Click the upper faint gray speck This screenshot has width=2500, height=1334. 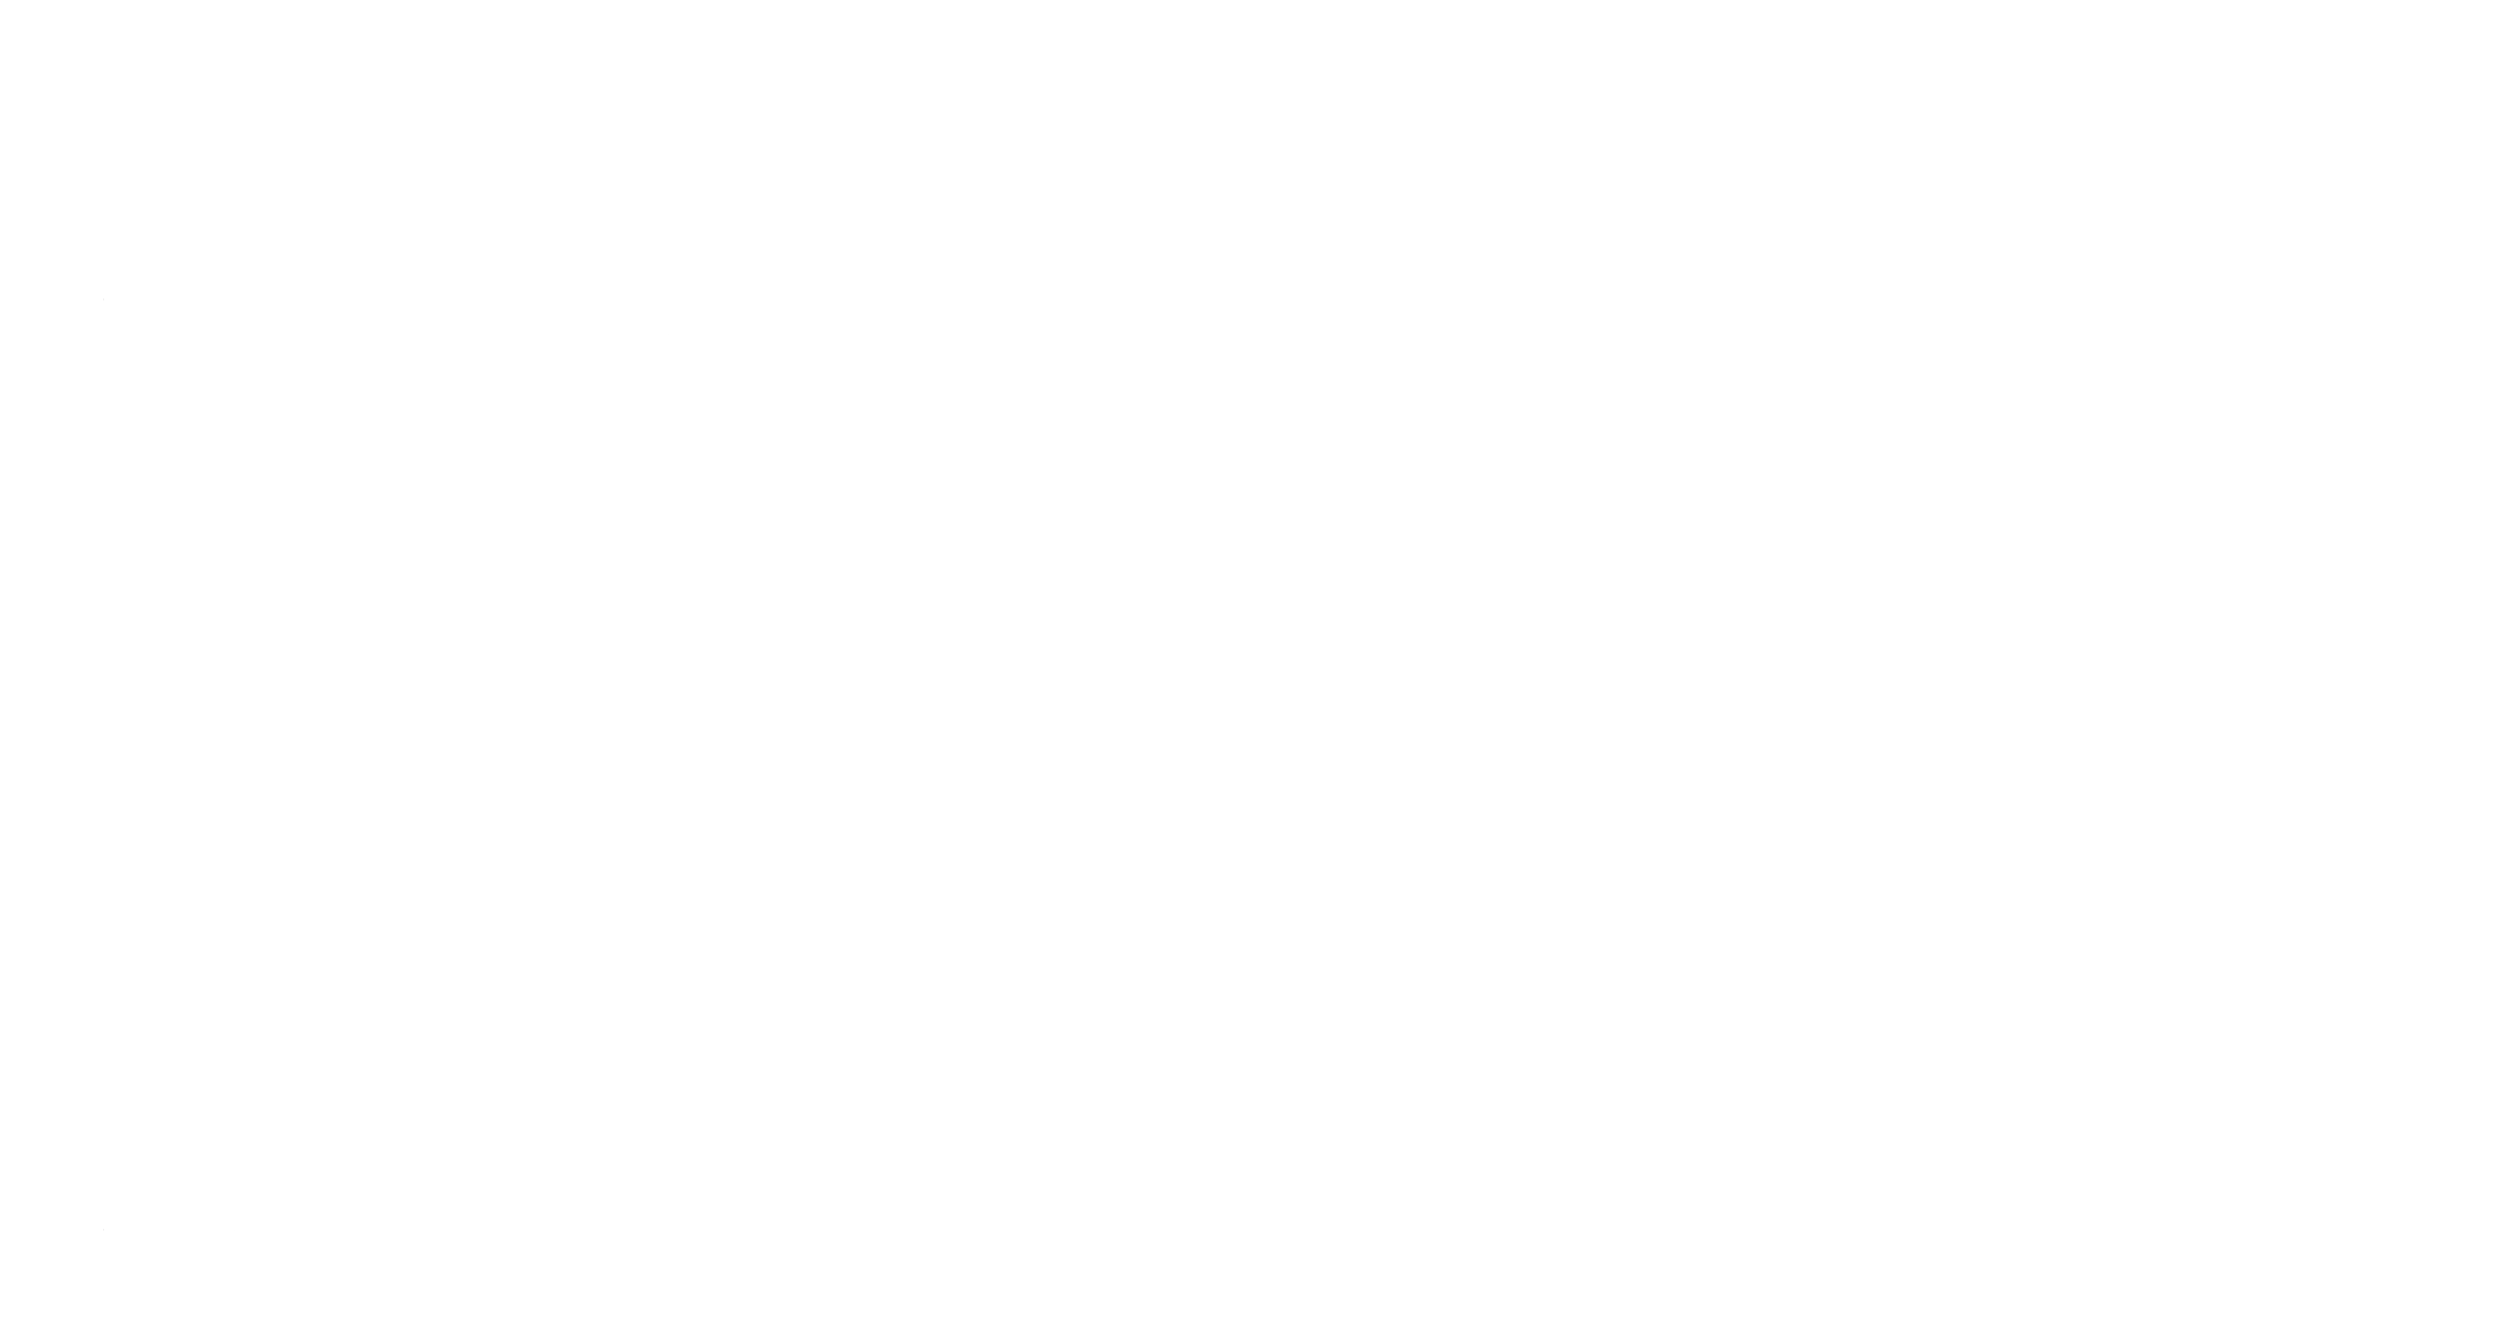pos(104,299)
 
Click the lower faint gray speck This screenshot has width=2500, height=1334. pos(104,1231)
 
